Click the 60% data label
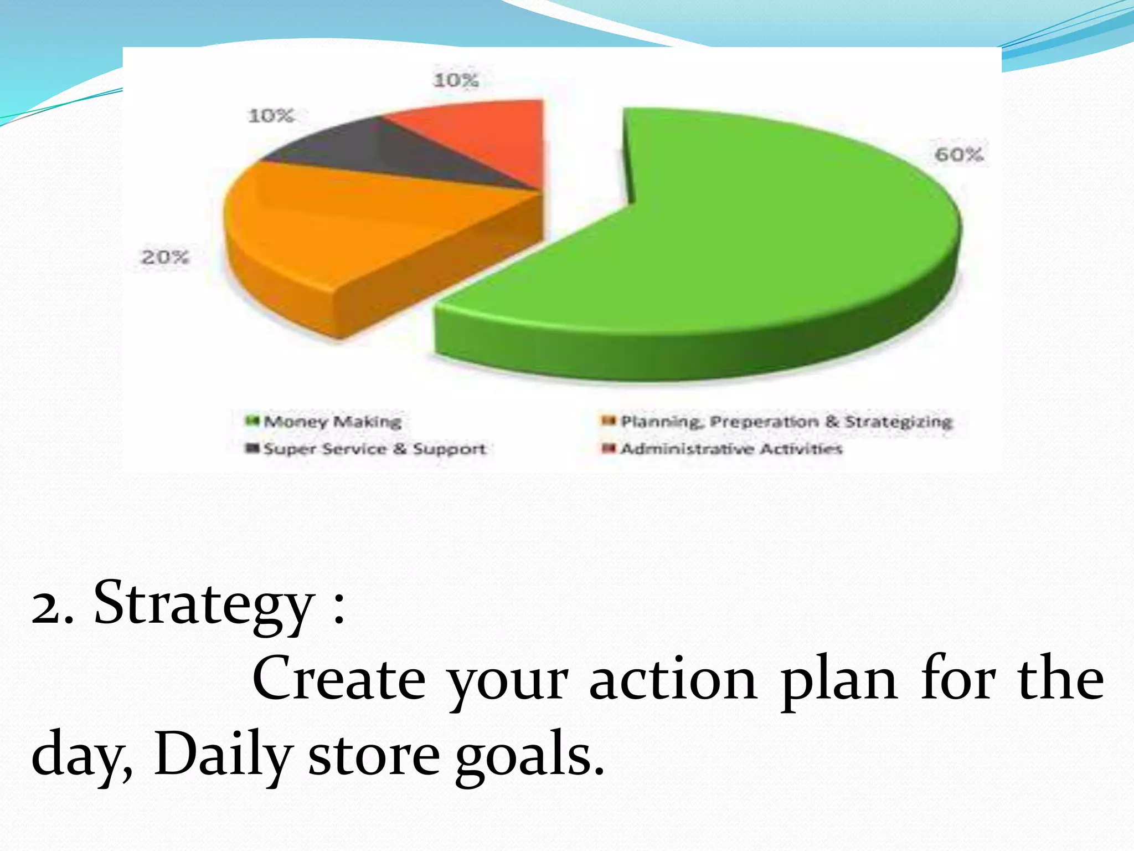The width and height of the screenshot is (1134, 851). click(x=958, y=155)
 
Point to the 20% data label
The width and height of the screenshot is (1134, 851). click(x=165, y=257)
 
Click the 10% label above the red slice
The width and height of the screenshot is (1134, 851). click(x=456, y=81)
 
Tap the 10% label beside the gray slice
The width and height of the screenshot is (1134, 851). click(x=271, y=116)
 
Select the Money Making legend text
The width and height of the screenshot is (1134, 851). click(x=332, y=422)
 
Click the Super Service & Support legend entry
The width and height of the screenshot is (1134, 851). click(x=374, y=449)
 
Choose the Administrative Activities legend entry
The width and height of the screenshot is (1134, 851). click(x=731, y=449)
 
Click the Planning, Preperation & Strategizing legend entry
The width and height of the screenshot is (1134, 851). click(x=786, y=422)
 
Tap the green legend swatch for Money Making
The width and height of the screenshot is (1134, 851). click(x=252, y=422)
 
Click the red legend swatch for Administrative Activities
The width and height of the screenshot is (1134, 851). click(x=609, y=448)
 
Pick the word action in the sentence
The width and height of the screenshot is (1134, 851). click(x=673, y=681)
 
